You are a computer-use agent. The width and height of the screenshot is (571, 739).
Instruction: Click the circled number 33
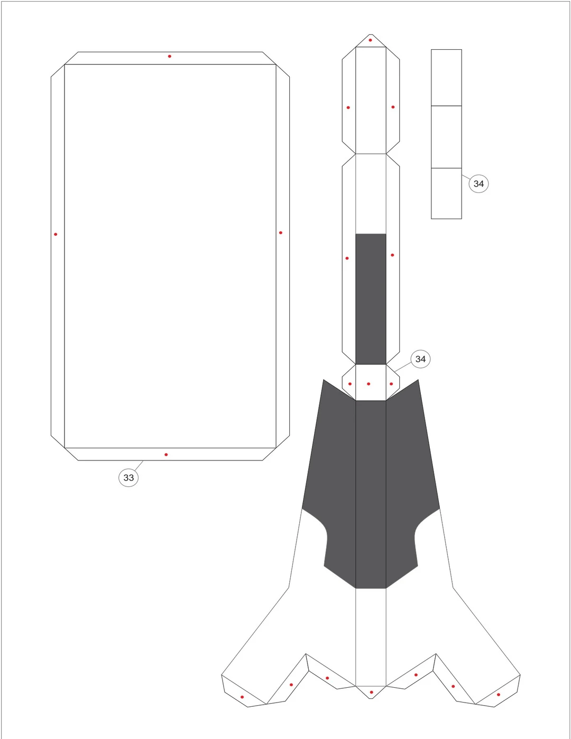pyautogui.click(x=128, y=477)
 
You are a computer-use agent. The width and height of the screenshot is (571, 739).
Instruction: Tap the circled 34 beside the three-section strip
pyautogui.click(x=478, y=183)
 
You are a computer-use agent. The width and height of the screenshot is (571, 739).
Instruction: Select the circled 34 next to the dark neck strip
pyautogui.click(x=420, y=359)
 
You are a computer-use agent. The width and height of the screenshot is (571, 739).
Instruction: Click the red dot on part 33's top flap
pyautogui.click(x=170, y=56)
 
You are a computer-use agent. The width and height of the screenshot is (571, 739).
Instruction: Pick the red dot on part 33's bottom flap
pyautogui.click(x=166, y=455)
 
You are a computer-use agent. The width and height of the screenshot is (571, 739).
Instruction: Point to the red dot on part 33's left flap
pyautogui.click(x=56, y=234)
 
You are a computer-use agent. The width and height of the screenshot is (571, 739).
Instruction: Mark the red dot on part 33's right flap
pyautogui.click(x=281, y=233)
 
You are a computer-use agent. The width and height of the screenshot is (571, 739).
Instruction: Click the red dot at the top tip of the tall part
pyautogui.click(x=370, y=40)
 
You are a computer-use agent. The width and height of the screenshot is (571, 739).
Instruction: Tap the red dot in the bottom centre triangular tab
pyautogui.click(x=371, y=692)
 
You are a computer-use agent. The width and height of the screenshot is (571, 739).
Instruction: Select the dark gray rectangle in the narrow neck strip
pyautogui.click(x=371, y=299)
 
